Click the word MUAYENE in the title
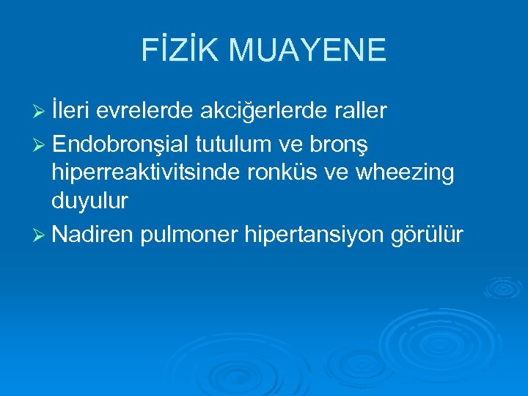[x=307, y=50]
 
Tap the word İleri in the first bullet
[x=70, y=110]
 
